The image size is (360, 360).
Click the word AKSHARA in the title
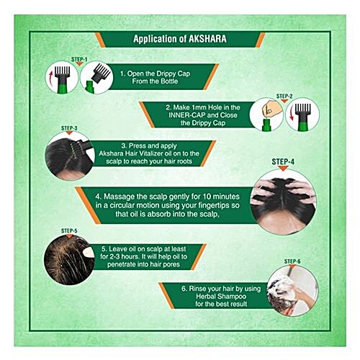click(x=207, y=39)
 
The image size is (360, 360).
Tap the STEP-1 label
click(x=79, y=60)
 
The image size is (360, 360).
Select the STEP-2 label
click(x=284, y=96)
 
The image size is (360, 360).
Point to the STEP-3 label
click(x=69, y=128)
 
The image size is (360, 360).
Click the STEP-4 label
click(x=283, y=162)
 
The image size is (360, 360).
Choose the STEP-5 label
click(x=69, y=231)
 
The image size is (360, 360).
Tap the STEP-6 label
click(x=292, y=261)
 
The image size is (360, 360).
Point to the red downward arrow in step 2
click(x=292, y=114)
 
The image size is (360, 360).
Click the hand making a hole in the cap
click(x=269, y=109)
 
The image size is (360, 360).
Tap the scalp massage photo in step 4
click(x=283, y=202)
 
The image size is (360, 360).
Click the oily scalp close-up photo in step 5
click(x=69, y=260)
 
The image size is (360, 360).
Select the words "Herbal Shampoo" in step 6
click(x=221, y=296)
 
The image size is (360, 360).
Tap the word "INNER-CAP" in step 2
click(x=186, y=115)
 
